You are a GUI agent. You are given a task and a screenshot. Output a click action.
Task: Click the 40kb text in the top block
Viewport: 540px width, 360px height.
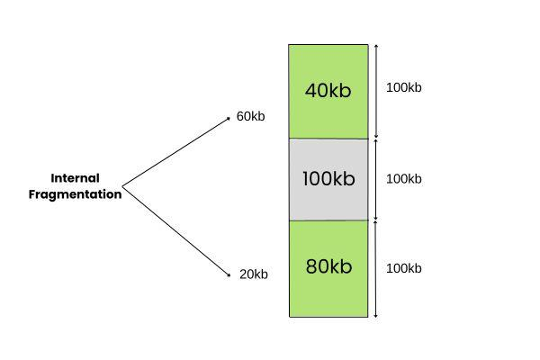[x=328, y=91]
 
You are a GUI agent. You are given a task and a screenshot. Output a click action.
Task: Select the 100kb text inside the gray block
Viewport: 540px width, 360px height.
[x=328, y=178]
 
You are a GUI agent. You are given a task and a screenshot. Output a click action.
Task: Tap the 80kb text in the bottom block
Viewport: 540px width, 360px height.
[x=328, y=267]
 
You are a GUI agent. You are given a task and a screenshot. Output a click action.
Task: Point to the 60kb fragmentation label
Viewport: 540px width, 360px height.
[x=251, y=116]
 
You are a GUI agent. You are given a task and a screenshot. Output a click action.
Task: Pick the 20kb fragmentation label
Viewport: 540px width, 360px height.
[x=254, y=274]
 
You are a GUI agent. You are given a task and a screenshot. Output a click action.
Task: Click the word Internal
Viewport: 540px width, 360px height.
[x=75, y=178]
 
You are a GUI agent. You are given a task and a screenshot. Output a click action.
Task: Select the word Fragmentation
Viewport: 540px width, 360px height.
[x=75, y=193]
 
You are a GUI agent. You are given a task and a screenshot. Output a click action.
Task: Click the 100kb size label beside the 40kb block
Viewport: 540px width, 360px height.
[x=403, y=87]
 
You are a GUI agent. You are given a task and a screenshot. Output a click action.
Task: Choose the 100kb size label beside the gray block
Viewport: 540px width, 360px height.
[x=403, y=178]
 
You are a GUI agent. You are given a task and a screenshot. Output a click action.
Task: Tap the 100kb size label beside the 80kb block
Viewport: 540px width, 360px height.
[x=403, y=268]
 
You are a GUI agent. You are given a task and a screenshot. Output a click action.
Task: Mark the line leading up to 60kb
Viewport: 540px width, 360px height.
[x=175, y=152]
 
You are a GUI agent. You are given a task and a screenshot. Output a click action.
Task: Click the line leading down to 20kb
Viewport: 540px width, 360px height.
[x=175, y=230]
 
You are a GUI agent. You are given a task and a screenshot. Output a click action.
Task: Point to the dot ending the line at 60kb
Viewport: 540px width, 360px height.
[x=229, y=118]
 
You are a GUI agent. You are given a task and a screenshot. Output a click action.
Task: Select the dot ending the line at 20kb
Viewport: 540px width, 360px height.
[x=229, y=274]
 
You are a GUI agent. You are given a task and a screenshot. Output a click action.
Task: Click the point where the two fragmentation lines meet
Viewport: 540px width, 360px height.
[x=122, y=187]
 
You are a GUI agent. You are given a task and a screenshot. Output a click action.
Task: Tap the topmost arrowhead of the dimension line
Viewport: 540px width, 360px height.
[x=376, y=46]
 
